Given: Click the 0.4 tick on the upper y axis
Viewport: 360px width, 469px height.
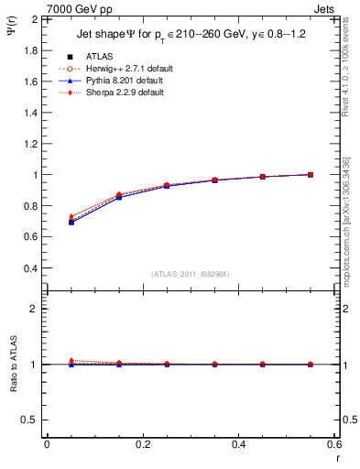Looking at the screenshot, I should pyautogui.click(x=30, y=268).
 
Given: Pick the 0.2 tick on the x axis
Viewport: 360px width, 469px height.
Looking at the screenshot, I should pyautogui.click(x=143, y=445).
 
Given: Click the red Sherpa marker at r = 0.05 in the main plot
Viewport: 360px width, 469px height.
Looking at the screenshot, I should pyautogui.click(x=71, y=217).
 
